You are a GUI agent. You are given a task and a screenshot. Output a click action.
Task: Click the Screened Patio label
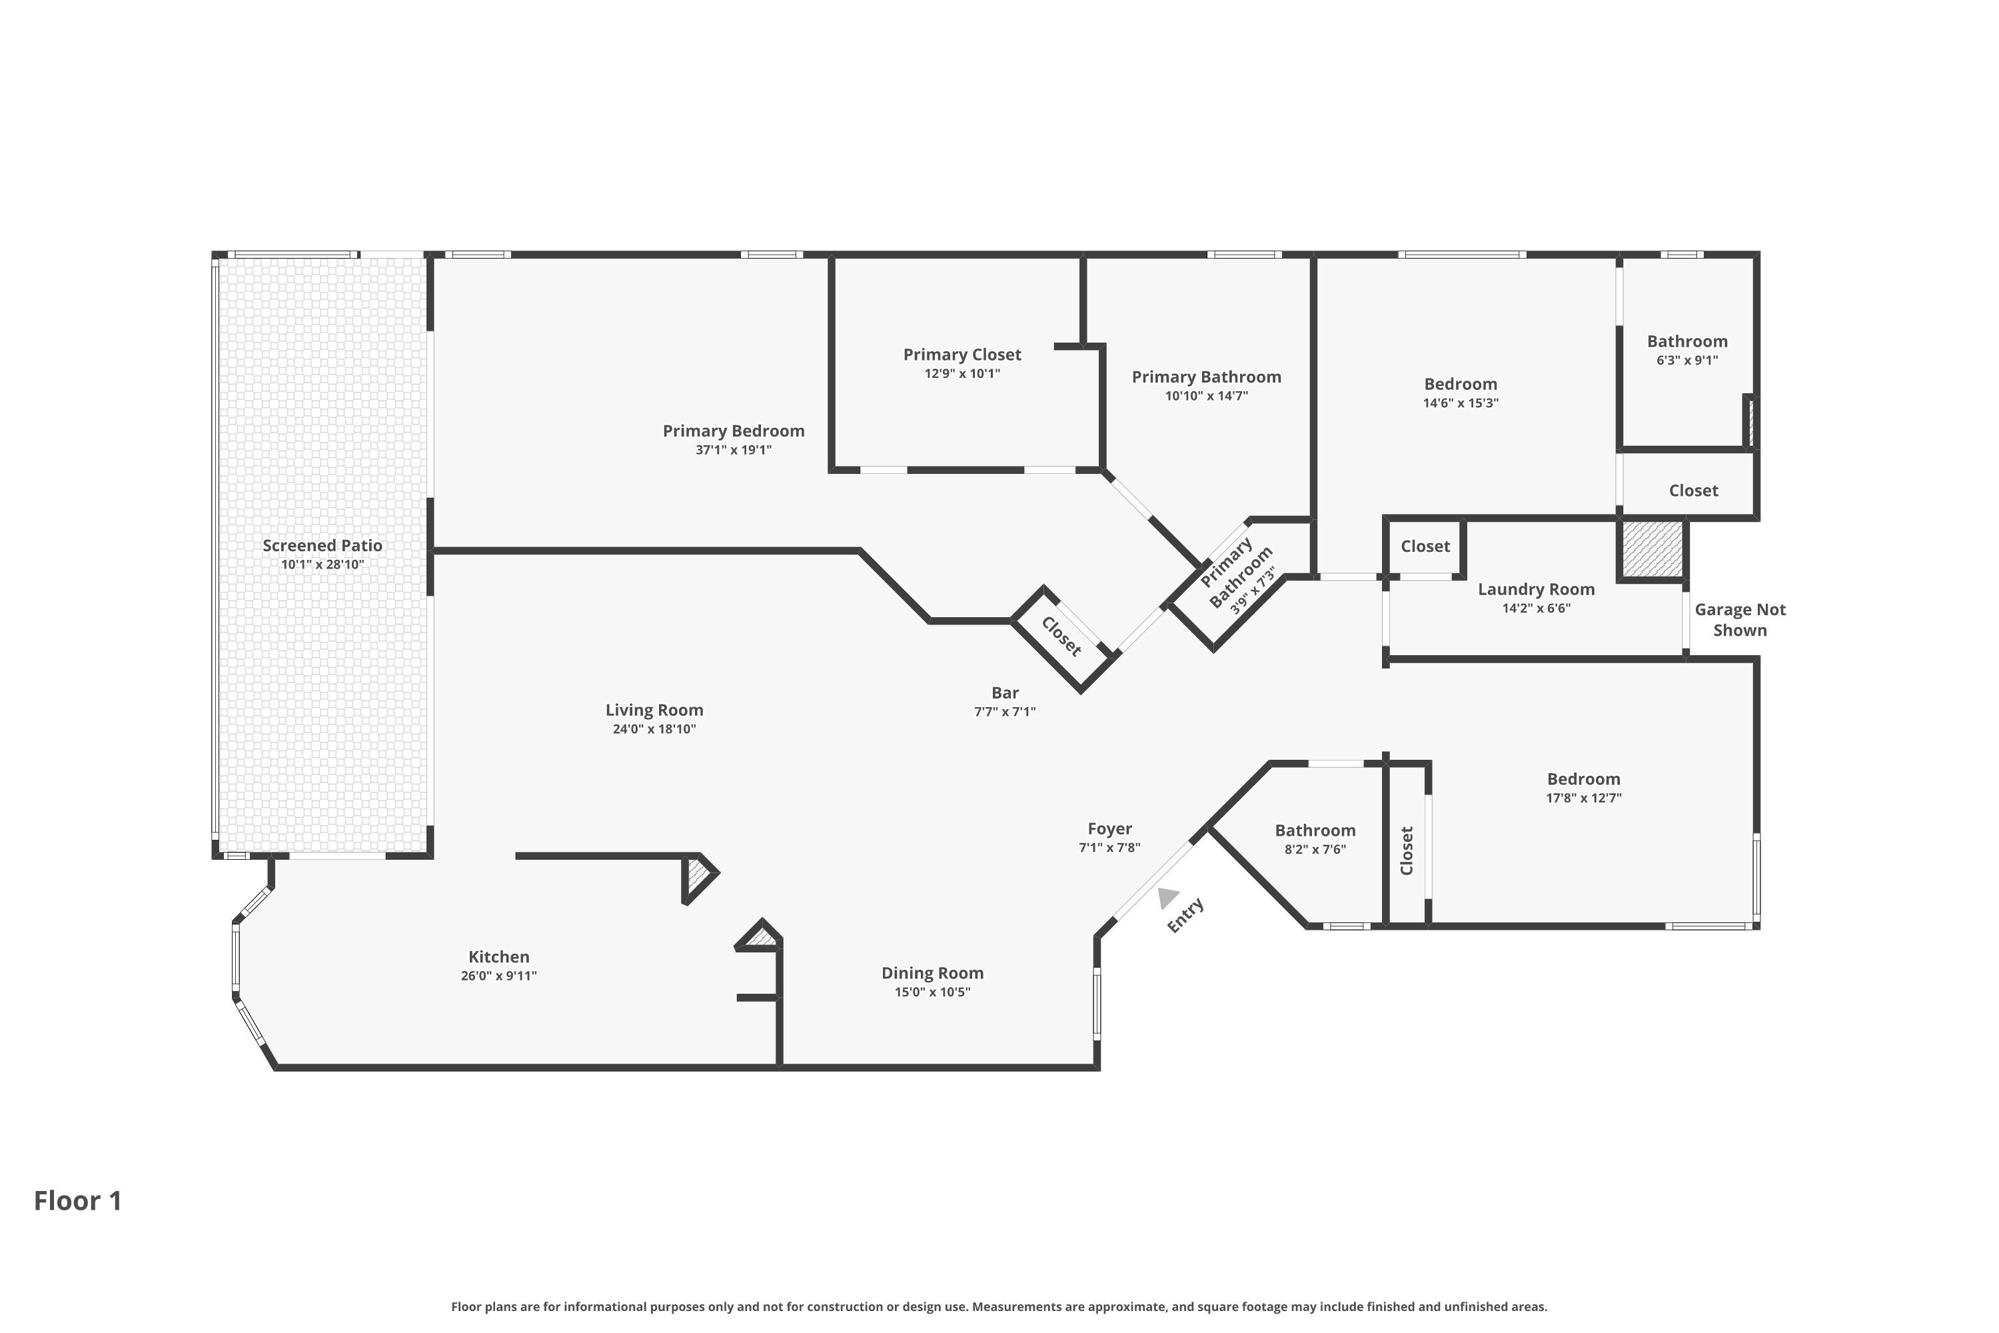(322, 546)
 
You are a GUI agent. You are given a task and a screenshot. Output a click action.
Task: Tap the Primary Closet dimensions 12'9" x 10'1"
(962, 374)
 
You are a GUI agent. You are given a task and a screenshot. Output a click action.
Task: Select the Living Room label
(654, 710)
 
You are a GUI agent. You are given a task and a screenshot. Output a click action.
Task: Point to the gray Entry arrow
(1168, 898)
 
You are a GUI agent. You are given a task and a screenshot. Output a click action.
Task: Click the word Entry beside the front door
(1185, 916)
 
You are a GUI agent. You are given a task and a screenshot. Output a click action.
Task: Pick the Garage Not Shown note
(1740, 620)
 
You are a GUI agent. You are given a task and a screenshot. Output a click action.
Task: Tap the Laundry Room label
(1536, 589)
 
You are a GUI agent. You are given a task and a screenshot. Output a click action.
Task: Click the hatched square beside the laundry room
(1653, 550)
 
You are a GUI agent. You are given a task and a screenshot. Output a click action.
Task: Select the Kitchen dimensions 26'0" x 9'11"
(499, 976)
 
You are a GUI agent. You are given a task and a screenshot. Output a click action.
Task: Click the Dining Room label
(932, 973)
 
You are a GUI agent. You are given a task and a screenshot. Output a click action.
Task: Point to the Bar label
(1005, 693)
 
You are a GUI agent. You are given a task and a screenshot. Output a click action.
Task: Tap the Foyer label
(1109, 829)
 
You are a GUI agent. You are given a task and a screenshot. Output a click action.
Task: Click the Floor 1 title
(78, 1200)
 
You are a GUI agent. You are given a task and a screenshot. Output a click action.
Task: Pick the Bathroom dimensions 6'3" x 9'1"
(1687, 361)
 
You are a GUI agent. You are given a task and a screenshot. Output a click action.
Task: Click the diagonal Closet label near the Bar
(1061, 637)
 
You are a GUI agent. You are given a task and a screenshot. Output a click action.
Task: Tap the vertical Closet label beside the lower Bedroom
(1407, 850)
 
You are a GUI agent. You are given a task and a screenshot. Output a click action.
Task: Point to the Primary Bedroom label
(734, 431)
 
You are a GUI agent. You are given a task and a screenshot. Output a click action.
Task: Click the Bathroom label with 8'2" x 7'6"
(1315, 830)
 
